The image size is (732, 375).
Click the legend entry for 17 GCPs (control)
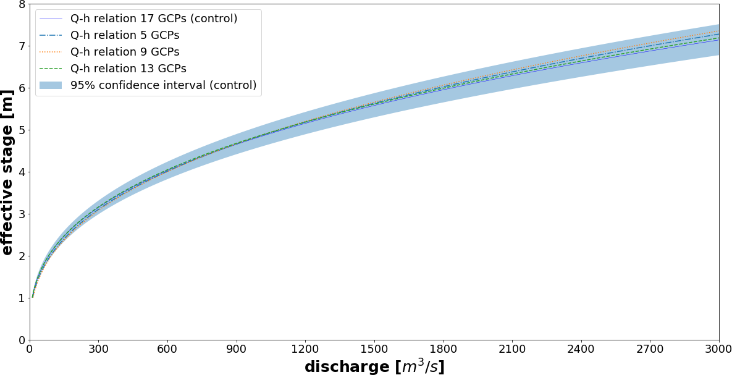154,19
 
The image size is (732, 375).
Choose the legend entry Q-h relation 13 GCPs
128,69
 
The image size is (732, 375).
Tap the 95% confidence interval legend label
163,85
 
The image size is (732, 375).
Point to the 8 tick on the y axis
21,4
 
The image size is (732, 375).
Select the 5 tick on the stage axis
21,130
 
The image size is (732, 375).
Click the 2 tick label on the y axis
21,256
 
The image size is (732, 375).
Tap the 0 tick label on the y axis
21,340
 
